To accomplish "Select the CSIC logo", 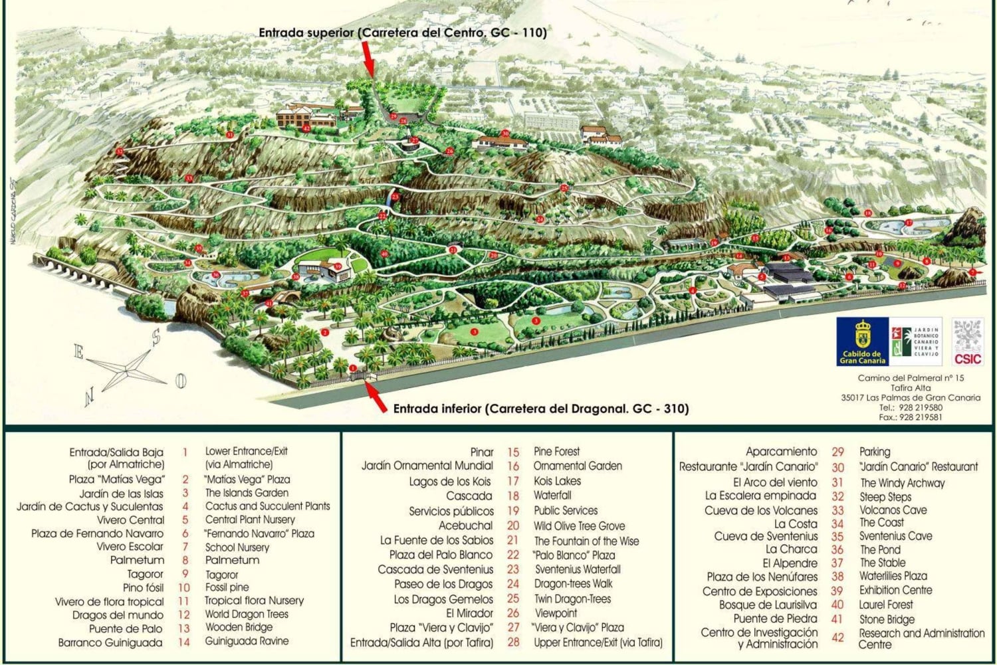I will [967, 341].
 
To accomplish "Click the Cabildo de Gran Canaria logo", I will [862, 341].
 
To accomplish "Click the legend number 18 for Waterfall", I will [513, 496].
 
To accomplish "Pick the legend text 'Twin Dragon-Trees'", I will [572, 599].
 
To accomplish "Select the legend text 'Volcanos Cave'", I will [893, 510].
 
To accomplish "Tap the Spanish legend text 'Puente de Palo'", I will [126, 628].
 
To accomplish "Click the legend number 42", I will [837, 638].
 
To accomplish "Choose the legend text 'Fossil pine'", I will [227, 587].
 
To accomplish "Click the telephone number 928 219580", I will [919, 407].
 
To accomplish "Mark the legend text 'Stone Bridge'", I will [887, 619].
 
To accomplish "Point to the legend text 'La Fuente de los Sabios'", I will [437, 540].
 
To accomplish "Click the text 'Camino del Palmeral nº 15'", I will [911, 378].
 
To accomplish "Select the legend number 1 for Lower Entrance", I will [185, 452].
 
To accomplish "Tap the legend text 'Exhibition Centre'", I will [895, 590].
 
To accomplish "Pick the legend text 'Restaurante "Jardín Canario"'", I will [748, 467].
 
